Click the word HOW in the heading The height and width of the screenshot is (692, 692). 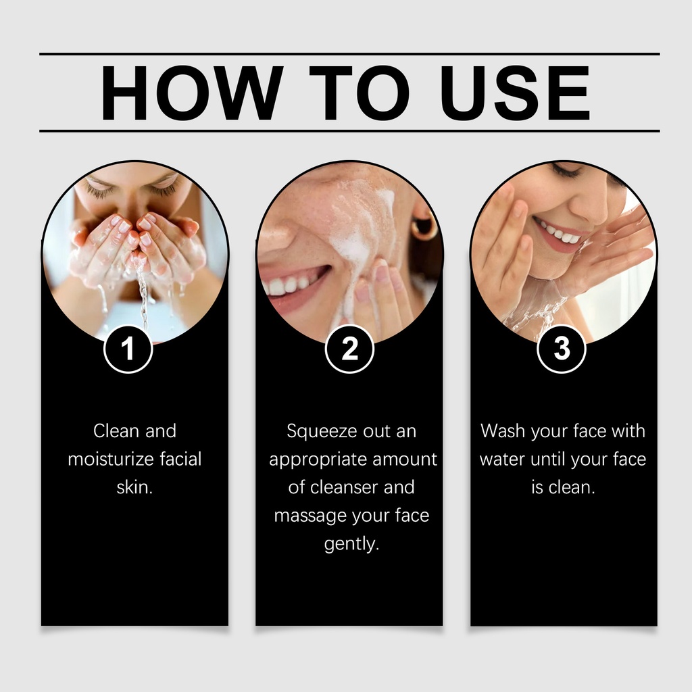pos(191,93)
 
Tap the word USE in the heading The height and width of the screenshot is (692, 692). pos(515,93)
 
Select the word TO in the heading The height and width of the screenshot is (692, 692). pos(360,93)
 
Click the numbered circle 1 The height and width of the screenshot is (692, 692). pos(128,349)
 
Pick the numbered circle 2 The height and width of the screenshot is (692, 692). pos(349,349)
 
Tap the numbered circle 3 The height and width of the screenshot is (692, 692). pos(562,349)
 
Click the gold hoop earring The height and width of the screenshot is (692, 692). pos(423,225)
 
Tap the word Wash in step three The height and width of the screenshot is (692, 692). pos(503,430)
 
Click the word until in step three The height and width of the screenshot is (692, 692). pos(548,460)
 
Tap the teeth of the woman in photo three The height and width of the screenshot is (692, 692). pos(557,232)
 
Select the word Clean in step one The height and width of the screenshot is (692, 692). pos(116,430)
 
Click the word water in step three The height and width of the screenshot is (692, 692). pos(502,460)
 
